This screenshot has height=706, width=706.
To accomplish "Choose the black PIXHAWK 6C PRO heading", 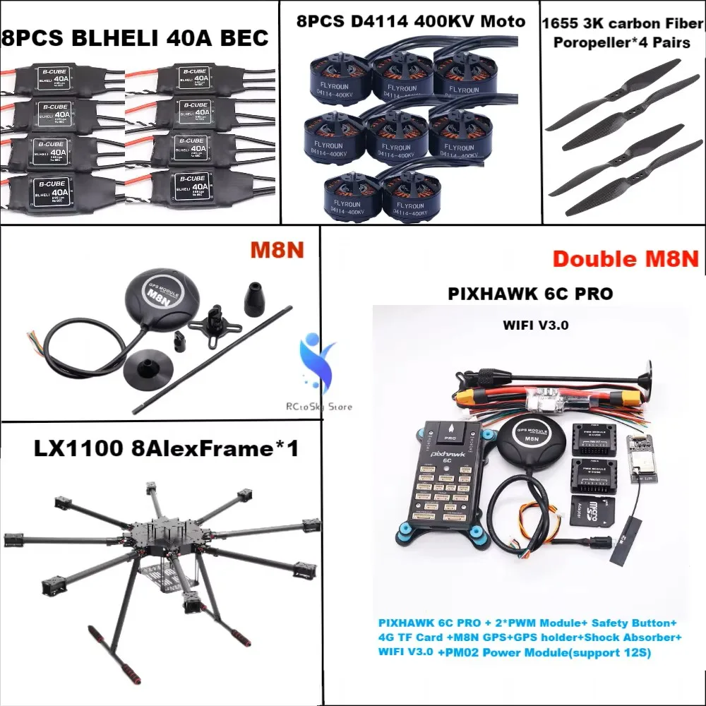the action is [529, 293].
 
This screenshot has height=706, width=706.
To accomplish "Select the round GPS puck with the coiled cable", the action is [157, 299].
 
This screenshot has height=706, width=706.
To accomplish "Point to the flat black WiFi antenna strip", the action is [628, 542].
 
